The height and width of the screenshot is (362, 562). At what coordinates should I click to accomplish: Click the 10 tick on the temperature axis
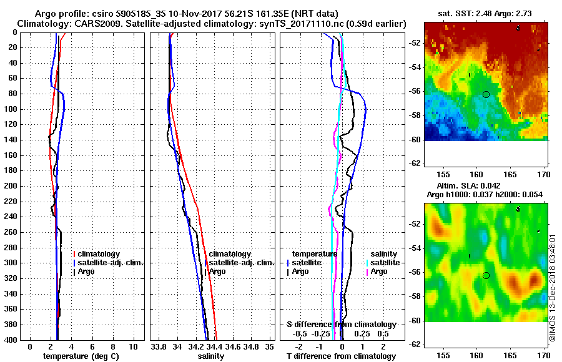click(133, 346)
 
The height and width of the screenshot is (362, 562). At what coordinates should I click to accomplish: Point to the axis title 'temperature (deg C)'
click(81, 356)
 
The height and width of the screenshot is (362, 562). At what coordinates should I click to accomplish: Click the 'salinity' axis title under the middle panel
click(211, 356)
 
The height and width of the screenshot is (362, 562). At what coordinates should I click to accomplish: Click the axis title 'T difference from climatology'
click(341, 356)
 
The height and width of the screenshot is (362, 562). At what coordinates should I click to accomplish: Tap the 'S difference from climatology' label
click(341, 325)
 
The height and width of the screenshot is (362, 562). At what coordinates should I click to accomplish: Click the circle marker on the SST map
click(486, 94)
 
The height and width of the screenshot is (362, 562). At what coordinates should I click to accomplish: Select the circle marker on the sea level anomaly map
click(486, 275)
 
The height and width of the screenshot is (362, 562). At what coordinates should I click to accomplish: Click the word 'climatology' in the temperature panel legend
click(99, 254)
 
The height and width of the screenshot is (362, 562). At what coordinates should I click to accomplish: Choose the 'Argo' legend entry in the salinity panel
click(217, 271)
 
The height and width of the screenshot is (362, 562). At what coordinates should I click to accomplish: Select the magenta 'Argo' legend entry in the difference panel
click(379, 271)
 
